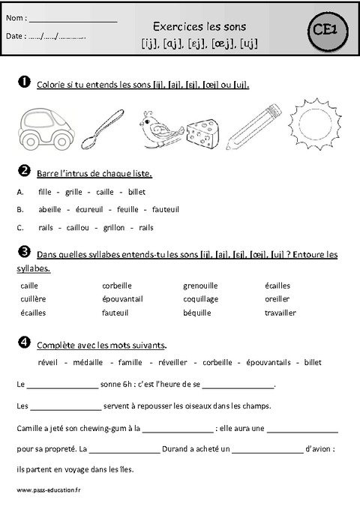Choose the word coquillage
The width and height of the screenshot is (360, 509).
(x=202, y=299)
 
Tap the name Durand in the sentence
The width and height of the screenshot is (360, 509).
(x=178, y=450)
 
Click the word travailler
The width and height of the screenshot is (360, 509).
(x=280, y=313)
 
